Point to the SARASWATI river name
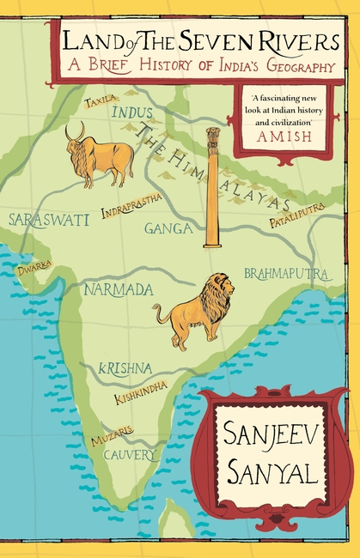click(48, 220)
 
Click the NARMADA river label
click(118, 289)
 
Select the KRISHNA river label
click(125, 367)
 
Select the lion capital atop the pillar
click(212, 137)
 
